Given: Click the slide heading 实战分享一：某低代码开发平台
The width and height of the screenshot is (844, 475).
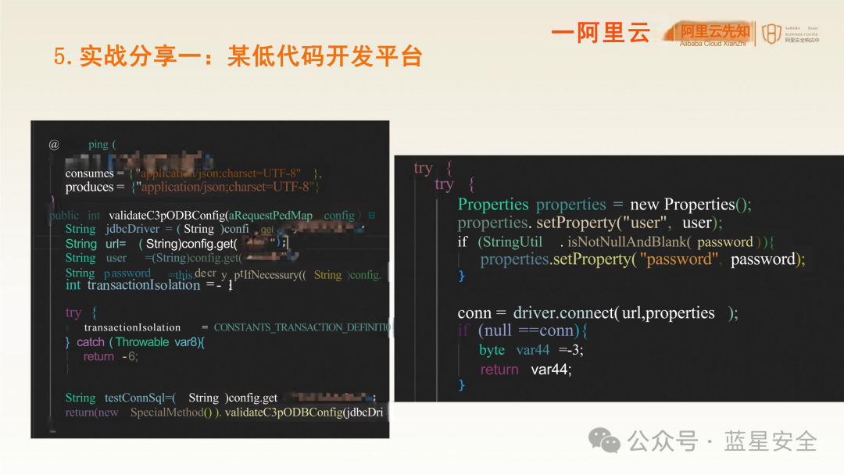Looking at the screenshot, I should coord(238,56).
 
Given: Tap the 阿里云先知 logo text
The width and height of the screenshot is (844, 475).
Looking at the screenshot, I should coord(715,31).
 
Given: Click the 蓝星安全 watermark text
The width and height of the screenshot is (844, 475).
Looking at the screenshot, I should coord(771,441).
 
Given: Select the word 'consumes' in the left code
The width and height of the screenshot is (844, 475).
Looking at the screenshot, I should coord(89,173).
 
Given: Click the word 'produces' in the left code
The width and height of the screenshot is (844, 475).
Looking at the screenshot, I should coord(89,187).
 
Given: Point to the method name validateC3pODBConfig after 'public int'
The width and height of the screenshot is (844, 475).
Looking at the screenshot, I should coord(167,216).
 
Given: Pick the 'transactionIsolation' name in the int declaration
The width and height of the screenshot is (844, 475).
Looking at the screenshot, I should coord(144,285).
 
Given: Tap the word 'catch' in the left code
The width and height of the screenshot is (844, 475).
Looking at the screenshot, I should coord(91,342).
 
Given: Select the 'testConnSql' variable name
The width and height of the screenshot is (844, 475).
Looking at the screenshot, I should coord(132,398).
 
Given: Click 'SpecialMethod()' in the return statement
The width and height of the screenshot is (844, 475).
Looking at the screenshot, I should coord(176,412).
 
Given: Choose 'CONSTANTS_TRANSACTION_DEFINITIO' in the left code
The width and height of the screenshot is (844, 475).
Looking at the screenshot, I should coord(302,327).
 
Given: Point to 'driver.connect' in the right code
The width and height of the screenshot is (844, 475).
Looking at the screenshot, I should coord(563,313).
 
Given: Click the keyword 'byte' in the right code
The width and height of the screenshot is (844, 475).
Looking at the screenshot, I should coord(492,350).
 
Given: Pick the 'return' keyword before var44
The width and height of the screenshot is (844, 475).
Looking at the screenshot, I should coord(499,370).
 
